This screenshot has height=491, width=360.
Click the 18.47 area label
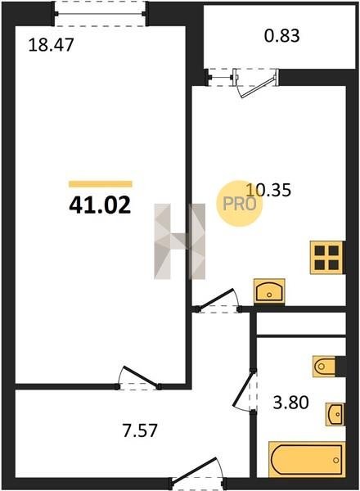point(51,45)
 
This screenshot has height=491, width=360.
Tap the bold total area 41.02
point(100,205)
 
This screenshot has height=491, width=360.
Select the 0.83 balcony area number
point(282,36)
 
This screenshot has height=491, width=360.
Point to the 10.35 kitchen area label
point(268,190)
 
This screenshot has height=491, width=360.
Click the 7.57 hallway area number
point(140,430)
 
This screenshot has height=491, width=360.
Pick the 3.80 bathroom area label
point(290,403)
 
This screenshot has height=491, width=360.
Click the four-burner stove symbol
point(327,258)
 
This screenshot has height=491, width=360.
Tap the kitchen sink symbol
point(269,291)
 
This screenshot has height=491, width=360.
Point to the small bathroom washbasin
point(335,414)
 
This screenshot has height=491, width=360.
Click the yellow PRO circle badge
point(240,204)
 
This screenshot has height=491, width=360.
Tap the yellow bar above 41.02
point(101,184)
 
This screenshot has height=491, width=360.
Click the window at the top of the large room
point(100,14)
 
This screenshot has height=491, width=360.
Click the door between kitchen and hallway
point(218,301)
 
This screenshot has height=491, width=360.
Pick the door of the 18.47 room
point(138,378)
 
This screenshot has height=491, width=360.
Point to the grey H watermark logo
point(180,241)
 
